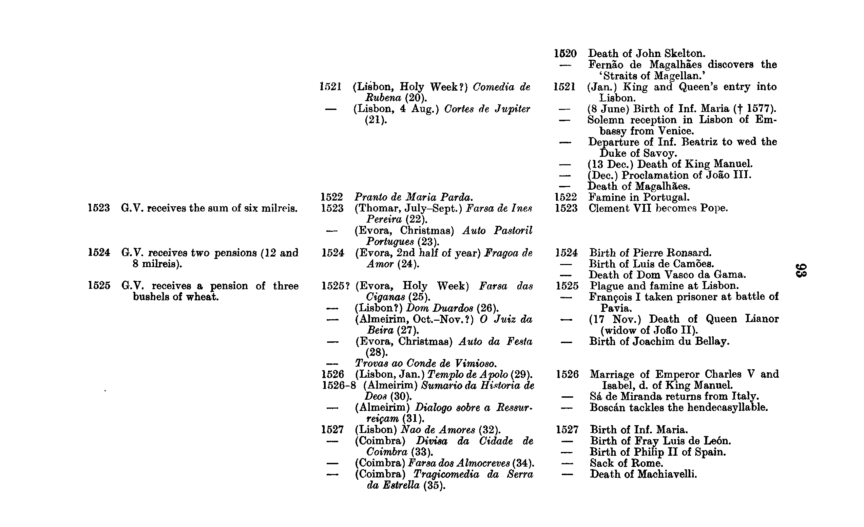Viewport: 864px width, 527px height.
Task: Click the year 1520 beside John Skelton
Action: point(565,53)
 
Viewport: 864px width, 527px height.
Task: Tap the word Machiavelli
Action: point(667,474)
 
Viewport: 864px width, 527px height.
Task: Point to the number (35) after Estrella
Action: point(434,486)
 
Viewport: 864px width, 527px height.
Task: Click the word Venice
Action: point(676,131)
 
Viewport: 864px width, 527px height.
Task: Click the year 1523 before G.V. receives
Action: point(98,208)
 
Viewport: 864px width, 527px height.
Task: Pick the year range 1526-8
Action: point(339,385)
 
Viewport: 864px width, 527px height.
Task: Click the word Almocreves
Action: point(483,463)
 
